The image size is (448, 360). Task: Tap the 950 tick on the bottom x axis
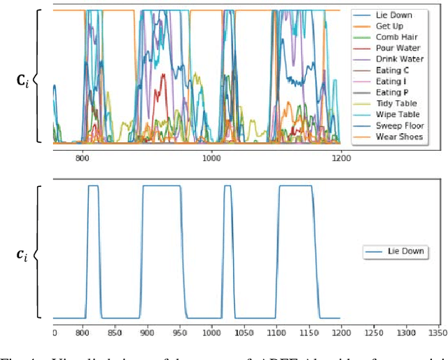(183, 333)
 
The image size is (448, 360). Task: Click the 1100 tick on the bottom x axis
(278, 333)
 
